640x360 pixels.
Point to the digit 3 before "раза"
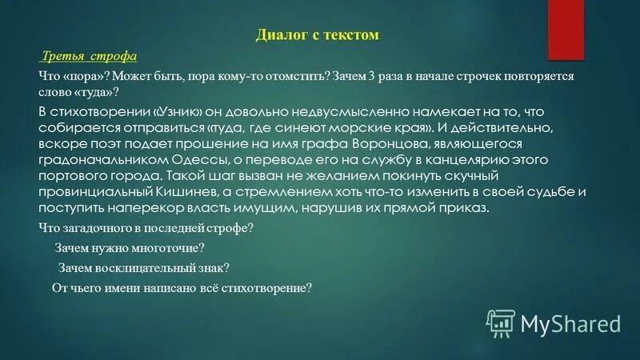point(370,75)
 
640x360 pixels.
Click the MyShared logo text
point(570,323)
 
